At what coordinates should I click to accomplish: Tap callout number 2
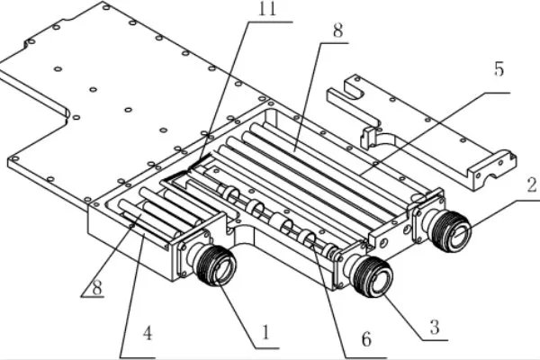click(531, 187)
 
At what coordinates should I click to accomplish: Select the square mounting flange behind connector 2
click(422, 218)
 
